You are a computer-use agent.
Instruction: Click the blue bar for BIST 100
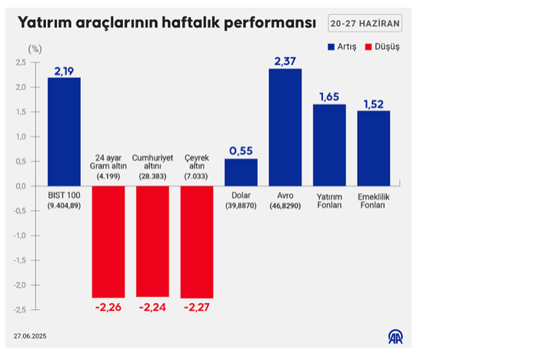tap(64, 132)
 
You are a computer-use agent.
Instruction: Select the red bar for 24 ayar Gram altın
tap(108, 242)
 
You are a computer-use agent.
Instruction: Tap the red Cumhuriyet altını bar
tap(152, 241)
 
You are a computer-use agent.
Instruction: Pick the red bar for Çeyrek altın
tap(197, 242)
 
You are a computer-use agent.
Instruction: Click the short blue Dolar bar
tap(241, 172)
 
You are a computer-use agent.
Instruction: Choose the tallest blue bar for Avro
tap(285, 127)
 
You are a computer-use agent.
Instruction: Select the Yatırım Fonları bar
tap(329, 145)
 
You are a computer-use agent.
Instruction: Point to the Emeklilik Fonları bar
tap(374, 148)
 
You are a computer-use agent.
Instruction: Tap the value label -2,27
tap(197, 308)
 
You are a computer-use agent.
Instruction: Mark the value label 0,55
tap(241, 151)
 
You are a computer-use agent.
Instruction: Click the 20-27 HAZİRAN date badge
tap(365, 24)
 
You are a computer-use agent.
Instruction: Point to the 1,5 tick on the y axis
tap(22, 112)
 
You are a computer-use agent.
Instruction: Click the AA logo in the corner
tap(395, 336)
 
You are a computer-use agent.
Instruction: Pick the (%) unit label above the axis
tap(35, 48)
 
